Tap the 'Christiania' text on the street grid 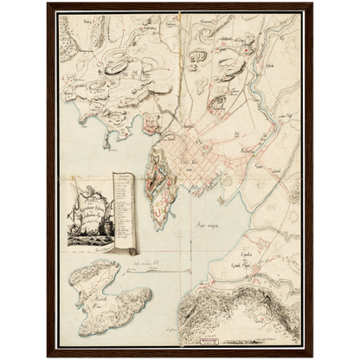(x=198, y=162)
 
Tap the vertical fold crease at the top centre (x=179, y=35)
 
